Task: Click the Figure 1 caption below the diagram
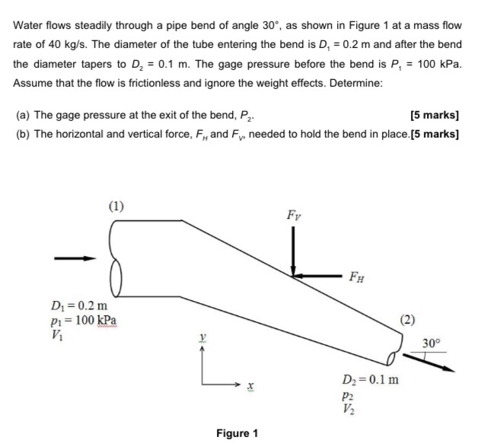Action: pyautogui.click(x=237, y=433)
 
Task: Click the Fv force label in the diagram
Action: pyautogui.click(x=292, y=215)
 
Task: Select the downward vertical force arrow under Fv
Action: pyautogui.click(x=293, y=251)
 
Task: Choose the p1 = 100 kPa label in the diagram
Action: pyautogui.click(x=82, y=320)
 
